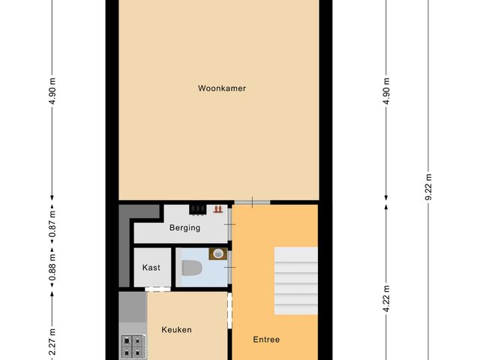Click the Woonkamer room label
click(222, 88)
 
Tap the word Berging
click(184, 228)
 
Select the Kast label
click(151, 267)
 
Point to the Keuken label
click(176, 329)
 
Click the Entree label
click(265, 340)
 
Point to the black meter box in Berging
click(198, 210)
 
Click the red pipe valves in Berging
click(217, 210)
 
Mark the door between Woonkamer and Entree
click(250, 202)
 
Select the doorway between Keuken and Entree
click(230, 312)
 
